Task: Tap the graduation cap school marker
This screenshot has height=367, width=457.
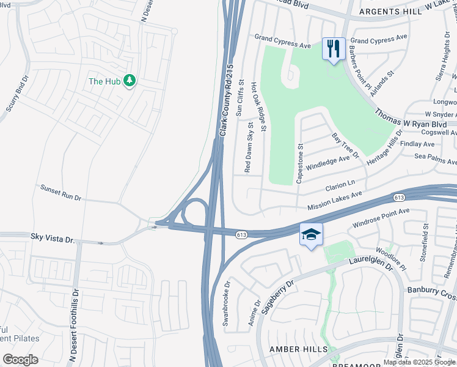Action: click(311, 235)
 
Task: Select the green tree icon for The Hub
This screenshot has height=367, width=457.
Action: click(129, 81)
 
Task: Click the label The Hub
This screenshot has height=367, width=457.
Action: click(104, 81)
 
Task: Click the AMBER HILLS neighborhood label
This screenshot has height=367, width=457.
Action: click(296, 349)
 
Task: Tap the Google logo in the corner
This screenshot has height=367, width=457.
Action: click(20, 359)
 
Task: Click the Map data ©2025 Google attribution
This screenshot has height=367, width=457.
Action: click(419, 362)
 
